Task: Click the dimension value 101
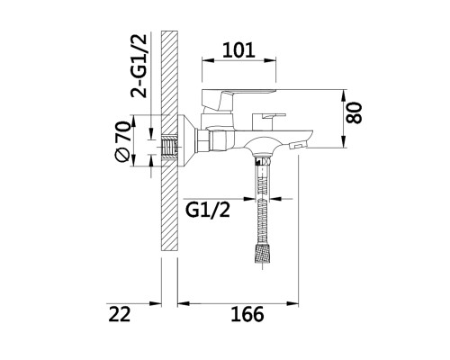click(x=238, y=50)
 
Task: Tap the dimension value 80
click(x=354, y=112)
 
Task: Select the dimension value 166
click(x=247, y=314)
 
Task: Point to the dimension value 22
click(x=120, y=314)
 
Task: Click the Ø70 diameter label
click(x=123, y=141)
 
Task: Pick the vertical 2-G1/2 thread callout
click(x=139, y=66)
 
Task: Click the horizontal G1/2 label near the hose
click(x=208, y=210)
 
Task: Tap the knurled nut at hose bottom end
click(x=262, y=254)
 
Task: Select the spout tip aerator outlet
click(x=298, y=146)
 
